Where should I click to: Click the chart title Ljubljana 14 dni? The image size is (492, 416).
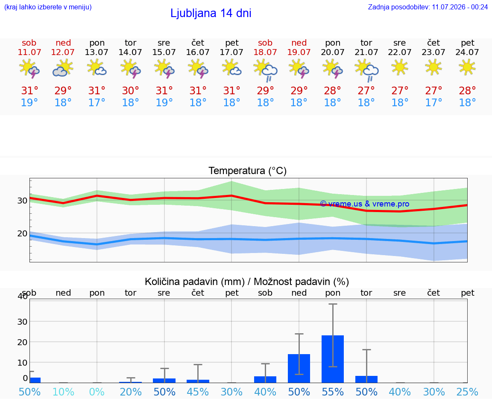[211, 13]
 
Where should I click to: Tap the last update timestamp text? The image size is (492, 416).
[428, 7]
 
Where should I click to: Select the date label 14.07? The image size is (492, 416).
[130, 52]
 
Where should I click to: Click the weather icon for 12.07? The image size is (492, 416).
[63, 68]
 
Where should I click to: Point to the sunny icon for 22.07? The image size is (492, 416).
[399, 67]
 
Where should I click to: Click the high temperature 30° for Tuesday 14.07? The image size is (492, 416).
[130, 90]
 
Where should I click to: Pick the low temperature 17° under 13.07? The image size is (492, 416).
[97, 102]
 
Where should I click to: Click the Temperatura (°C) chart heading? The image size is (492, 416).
[248, 171]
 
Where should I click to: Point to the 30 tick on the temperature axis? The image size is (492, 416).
[22, 201]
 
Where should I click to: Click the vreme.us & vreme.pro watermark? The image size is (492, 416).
[365, 204]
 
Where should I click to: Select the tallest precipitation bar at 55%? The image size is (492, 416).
[333, 359]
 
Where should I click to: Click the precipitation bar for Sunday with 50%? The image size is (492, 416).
[299, 368]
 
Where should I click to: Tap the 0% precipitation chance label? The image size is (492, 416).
[97, 392]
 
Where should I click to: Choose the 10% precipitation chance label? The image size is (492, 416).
[63, 392]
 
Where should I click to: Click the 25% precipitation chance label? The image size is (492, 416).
[467, 392]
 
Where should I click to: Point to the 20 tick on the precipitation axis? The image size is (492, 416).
[22, 342]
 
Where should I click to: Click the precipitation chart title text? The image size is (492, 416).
[247, 282]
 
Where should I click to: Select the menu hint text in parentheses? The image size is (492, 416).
[48, 7]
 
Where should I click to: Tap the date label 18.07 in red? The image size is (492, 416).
[265, 52]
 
